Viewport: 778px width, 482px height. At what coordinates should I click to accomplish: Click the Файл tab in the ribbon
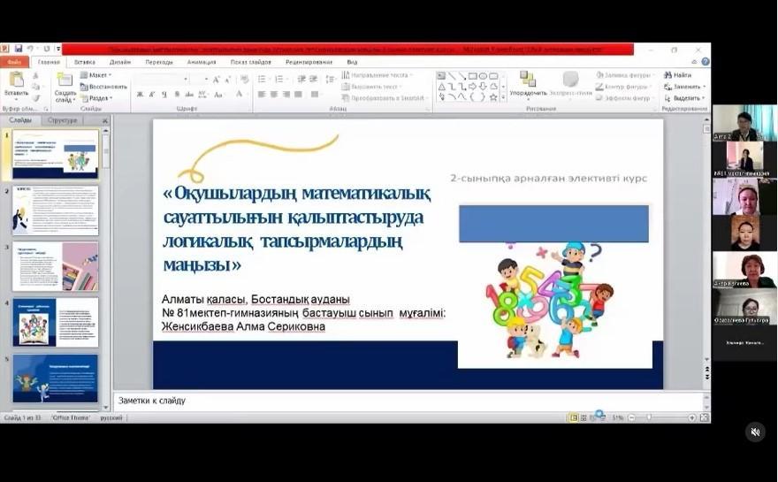click(13, 62)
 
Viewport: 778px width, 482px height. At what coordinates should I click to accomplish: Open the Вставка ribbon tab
click(85, 62)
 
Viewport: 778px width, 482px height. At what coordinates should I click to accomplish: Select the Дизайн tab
click(120, 62)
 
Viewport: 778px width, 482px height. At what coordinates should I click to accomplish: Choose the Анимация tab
click(202, 62)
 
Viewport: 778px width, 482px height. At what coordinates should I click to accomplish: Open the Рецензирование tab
click(309, 62)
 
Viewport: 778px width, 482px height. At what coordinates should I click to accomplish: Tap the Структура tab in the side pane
click(63, 120)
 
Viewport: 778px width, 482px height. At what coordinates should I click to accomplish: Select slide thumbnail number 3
click(55, 266)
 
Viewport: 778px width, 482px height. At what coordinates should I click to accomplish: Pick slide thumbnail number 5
click(55, 379)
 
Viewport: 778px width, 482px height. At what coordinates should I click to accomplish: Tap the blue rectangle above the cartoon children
click(553, 224)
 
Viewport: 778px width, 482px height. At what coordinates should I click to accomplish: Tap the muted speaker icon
click(755, 432)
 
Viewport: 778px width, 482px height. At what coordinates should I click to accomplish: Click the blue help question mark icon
click(705, 62)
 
